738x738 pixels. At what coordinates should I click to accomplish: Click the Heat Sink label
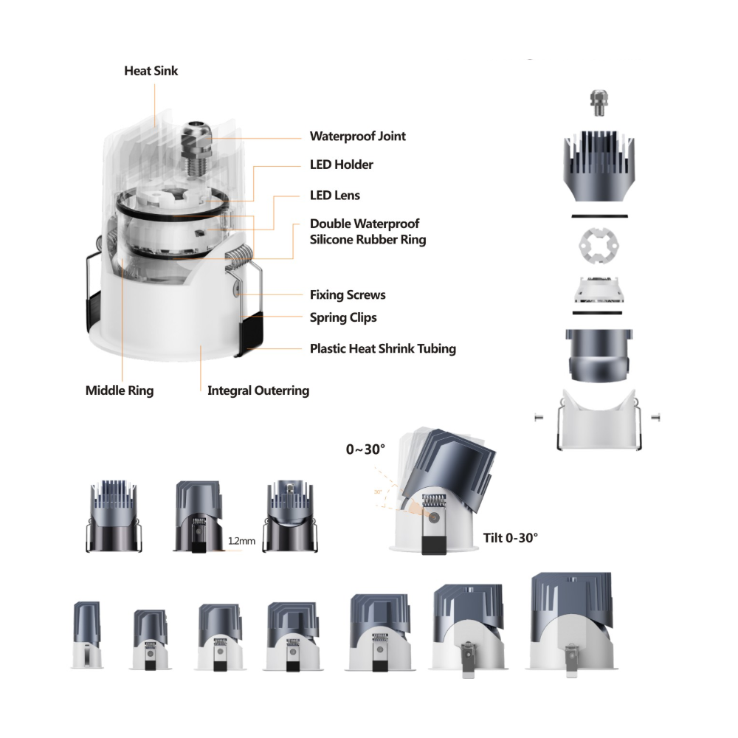click(151, 71)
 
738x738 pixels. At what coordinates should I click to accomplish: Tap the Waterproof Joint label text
click(358, 137)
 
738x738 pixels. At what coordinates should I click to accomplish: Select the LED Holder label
click(342, 165)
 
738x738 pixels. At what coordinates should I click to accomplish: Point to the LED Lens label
click(335, 196)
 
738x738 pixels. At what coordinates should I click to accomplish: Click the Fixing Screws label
click(348, 295)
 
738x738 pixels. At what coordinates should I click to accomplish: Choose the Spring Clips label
click(344, 317)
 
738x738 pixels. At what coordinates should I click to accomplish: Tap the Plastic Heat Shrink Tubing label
click(383, 349)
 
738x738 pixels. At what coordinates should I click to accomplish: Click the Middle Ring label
click(120, 390)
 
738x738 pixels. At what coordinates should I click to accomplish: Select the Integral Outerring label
click(258, 390)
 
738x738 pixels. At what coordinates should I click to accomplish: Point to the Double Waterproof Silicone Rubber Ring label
click(368, 232)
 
